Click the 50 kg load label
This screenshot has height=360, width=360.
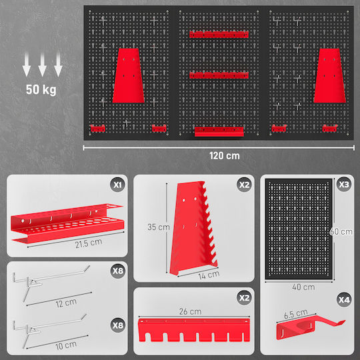pos(41,89)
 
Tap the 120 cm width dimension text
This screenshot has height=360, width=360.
pos(224,156)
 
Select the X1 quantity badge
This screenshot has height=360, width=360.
pos(117,185)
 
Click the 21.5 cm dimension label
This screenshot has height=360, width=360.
pos(89,243)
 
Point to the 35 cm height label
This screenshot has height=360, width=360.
pos(159,227)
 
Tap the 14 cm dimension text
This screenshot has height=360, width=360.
pos(209,275)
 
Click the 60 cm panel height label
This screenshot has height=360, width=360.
pos(341,231)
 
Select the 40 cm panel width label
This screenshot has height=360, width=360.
pos(303,287)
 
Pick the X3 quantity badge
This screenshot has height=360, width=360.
pos(344,185)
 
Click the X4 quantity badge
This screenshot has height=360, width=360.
pos(344,300)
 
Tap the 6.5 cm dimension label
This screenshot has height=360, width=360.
pos(296,314)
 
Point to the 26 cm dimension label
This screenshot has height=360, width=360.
pos(190,311)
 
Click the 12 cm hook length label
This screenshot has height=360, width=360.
pos(66,303)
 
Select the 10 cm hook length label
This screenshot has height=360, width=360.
pos(66,345)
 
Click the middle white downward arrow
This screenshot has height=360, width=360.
pos(42,65)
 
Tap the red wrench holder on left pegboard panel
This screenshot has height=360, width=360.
pos(129,75)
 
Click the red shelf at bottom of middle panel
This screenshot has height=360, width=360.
pos(219,131)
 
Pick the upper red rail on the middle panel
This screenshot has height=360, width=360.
pos(219,35)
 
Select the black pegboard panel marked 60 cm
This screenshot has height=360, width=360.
pos(299,229)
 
